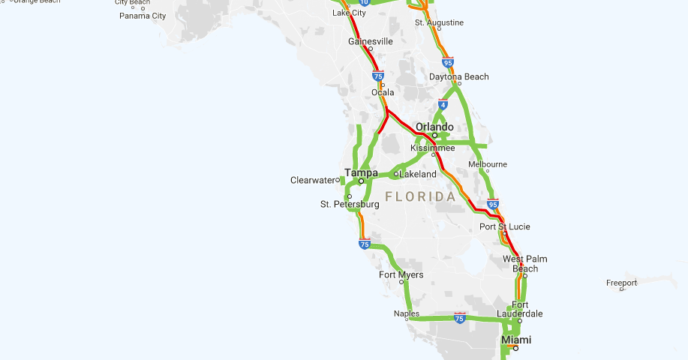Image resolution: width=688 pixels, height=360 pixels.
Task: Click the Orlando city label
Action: pos(436,126)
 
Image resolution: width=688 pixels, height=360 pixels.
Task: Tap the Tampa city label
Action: pos(361,172)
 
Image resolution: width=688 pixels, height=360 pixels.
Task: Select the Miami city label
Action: pos(516,340)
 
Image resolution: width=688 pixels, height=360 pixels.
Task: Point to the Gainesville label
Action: pos(371,41)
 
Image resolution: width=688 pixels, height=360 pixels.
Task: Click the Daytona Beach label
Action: pos(459,76)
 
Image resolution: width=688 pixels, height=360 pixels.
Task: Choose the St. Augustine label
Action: pos(440,22)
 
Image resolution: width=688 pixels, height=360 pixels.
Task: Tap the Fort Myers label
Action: pos(401,275)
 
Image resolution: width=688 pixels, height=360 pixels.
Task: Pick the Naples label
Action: pos(407,313)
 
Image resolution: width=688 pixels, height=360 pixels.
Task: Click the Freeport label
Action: pos(622,283)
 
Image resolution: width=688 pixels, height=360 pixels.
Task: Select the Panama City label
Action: pos(143,15)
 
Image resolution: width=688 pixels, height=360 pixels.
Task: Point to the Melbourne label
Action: pos(488,164)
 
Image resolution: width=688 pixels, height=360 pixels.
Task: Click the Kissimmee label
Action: pos(433,148)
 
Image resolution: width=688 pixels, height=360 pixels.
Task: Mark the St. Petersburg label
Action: pos(350,204)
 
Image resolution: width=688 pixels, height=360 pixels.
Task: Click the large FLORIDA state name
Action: pos(420,196)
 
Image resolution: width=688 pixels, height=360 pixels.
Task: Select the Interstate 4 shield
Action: pos(443,105)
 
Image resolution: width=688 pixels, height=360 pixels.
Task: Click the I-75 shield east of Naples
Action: pos(460,318)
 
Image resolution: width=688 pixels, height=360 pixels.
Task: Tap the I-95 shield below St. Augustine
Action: pos(448,62)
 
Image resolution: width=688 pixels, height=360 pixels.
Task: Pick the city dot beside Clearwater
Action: pos(338,180)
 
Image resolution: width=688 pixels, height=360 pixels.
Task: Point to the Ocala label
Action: pos(383,92)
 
